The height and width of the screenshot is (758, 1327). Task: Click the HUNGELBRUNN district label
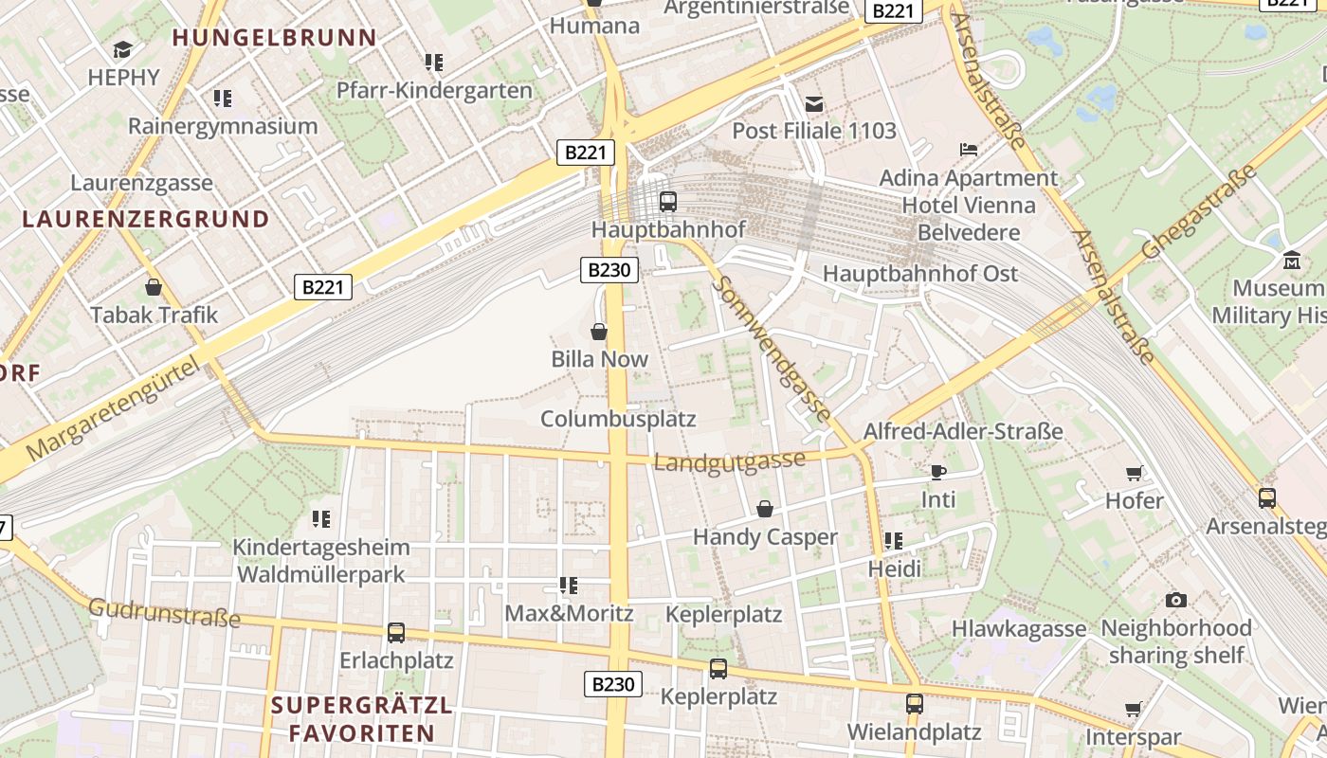(275, 38)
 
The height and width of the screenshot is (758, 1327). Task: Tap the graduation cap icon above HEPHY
(123, 49)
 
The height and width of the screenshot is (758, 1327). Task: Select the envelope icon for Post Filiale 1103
(813, 103)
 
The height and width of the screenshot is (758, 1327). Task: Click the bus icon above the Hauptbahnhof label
(668, 201)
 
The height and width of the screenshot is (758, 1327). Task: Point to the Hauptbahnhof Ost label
(919, 274)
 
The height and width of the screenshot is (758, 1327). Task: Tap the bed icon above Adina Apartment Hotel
(968, 150)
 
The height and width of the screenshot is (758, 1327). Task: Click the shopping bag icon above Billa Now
(599, 332)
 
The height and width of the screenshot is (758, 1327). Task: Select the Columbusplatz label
(618, 419)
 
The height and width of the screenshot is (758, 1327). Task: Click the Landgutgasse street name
(730, 461)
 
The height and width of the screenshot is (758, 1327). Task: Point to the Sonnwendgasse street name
(775, 350)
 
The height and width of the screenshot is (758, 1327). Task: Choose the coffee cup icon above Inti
(938, 472)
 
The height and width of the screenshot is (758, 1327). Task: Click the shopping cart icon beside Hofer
(1134, 474)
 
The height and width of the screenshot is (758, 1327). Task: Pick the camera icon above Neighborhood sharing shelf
(1176, 600)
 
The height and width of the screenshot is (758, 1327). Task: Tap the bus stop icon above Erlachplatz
(396, 632)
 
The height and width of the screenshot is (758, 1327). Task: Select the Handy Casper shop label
(765, 537)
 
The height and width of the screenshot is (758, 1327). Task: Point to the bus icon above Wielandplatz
(914, 704)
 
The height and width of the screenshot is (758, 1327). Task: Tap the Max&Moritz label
(569, 613)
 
